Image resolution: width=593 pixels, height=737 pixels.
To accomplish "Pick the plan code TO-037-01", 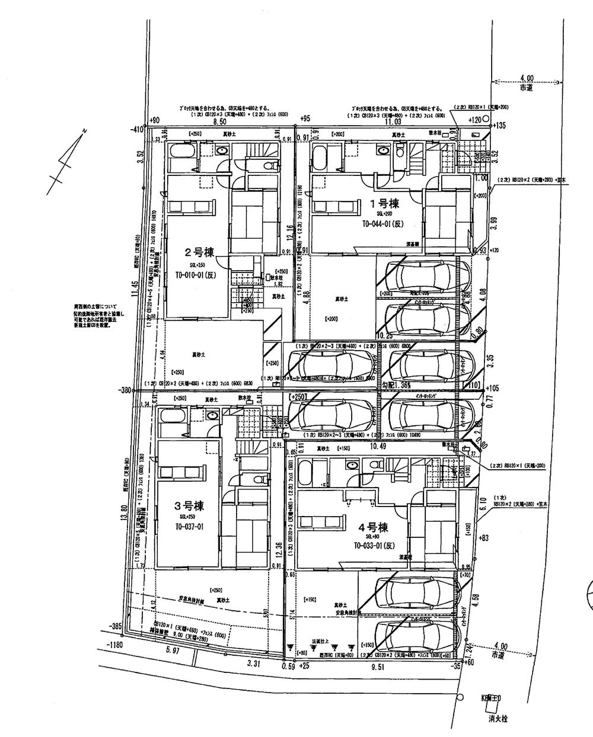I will pos(189,527).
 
